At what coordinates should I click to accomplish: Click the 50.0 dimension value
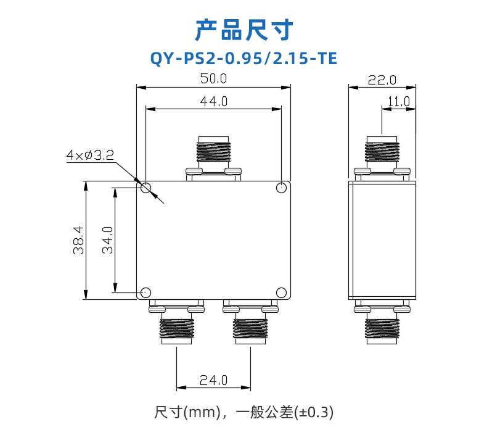point(213,78)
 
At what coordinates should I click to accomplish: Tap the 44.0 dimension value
point(214,102)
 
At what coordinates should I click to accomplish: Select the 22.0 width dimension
point(382,80)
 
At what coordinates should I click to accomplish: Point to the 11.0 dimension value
point(399,102)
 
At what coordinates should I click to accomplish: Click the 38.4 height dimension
point(78,240)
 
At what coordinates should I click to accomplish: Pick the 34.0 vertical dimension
point(108,240)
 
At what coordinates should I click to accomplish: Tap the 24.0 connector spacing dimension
point(213,380)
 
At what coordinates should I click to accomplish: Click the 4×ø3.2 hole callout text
point(90,155)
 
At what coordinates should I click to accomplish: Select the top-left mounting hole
point(145,188)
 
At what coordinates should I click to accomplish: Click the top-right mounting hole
point(281,188)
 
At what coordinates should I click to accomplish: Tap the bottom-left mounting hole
point(145,292)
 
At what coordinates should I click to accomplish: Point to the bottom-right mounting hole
point(281,292)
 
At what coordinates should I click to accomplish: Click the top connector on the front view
point(213,159)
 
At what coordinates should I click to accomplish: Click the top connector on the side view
point(382,159)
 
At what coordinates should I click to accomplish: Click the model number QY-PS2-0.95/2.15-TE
point(243,59)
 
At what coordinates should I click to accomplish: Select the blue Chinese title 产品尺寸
point(244,30)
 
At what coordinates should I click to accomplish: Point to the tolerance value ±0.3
point(314,412)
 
